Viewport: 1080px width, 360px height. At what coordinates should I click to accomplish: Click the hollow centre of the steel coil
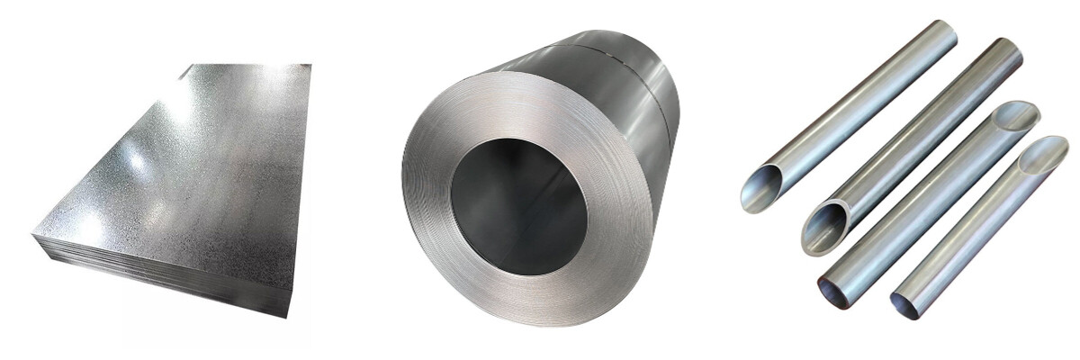(518, 206)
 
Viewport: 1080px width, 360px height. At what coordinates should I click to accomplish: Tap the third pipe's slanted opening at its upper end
(1015, 116)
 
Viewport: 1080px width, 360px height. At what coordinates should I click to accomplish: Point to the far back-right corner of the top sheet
(310, 65)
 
